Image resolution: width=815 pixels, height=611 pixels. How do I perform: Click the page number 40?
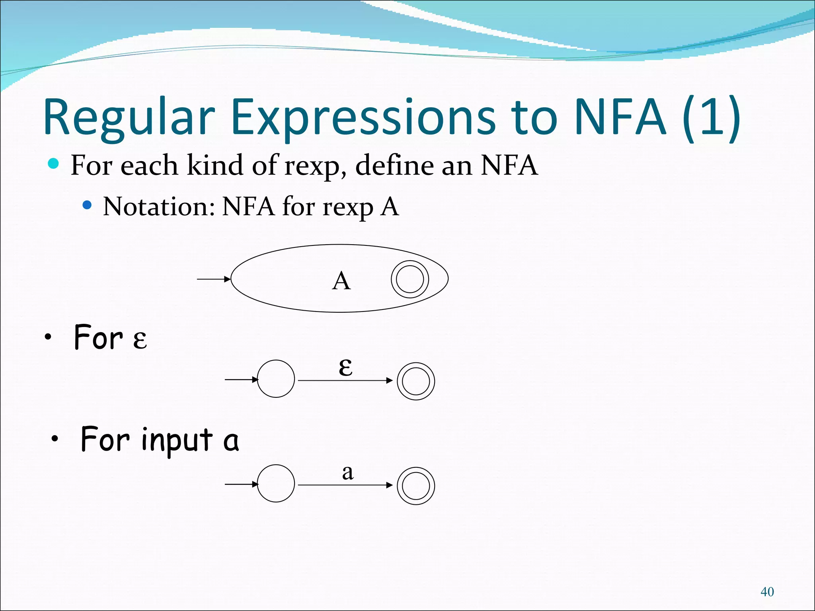(767, 592)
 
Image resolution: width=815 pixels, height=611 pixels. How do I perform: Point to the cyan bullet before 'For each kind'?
(53, 163)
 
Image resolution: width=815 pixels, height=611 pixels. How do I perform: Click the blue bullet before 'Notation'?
(87, 205)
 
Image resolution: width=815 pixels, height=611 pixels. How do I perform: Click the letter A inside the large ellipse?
(341, 281)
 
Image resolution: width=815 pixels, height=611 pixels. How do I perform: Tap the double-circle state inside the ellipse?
(409, 279)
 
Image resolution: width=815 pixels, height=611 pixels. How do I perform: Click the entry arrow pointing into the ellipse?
(214, 279)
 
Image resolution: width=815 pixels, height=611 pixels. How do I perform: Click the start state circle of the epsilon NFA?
(276, 379)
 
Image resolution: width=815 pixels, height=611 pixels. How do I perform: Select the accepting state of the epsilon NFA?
(415, 381)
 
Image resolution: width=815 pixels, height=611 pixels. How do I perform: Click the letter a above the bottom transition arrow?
(347, 473)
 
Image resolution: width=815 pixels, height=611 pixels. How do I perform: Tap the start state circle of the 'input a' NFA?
(276, 483)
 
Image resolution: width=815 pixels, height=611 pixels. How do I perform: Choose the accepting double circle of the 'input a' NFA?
(415, 486)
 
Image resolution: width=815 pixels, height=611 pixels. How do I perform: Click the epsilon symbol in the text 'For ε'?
(140, 339)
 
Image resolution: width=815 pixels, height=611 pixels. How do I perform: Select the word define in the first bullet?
(394, 165)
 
